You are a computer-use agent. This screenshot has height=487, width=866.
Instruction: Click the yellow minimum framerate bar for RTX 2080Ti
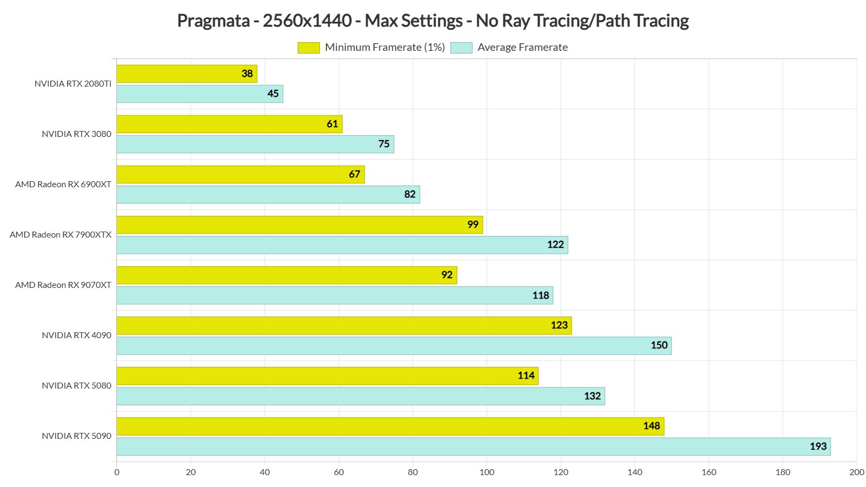pyautogui.click(x=187, y=74)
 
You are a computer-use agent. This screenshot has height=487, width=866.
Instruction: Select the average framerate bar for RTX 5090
pyautogui.click(x=473, y=446)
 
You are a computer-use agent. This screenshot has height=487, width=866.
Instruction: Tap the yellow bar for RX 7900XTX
pyautogui.click(x=299, y=225)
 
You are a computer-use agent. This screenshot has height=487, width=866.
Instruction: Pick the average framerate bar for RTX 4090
pyautogui.click(x=393, y=346)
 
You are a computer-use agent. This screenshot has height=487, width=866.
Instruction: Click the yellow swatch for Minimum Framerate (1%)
pyautogui.click(x=309, y=48)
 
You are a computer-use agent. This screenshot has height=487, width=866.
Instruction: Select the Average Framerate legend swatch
pyautogui.click(x=461, y=48)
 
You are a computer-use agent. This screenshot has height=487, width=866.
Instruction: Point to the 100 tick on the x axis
pyautogui.click(x=487, y=472)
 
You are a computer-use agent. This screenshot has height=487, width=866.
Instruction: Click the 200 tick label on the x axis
pyautogui.click(x=856, y=472)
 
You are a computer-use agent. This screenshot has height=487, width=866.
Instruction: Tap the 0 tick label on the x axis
pyautogui.click(x=117, y=472)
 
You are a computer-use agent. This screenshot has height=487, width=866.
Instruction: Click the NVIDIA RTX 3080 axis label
pyautogui.click(x=76, y=134)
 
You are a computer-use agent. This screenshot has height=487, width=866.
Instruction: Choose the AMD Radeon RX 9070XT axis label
pyautogui.click(x=63, y=285)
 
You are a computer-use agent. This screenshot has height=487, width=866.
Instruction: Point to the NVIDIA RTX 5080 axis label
pyautogui.click(x=76, y=386)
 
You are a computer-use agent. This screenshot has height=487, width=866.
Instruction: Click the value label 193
pyautogui.click(x=818, y=446)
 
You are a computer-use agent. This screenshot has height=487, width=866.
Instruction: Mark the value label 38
pyautogui.click(x=247, y=74)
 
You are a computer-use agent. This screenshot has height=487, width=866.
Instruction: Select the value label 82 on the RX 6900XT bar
pyautogui.click(x=410, y=194)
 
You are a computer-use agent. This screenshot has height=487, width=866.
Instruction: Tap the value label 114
pyautogui.click(x=526, y=376)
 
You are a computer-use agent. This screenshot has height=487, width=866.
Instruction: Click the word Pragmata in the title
pyautogui.click(x=213, y=21)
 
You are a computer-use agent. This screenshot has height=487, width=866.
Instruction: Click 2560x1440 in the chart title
pyautogui.click(x=307, y=21)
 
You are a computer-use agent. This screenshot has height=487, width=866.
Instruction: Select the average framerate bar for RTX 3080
pyautogui.click(x=255, y=144)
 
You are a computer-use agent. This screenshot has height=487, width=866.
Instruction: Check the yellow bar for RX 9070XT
pyautogui.click(x=286, y=275)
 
